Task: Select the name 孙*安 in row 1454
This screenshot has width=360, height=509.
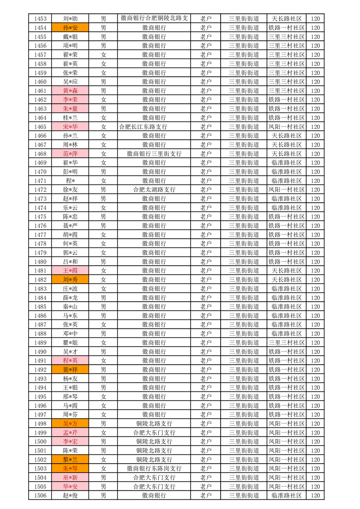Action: click(70, 28)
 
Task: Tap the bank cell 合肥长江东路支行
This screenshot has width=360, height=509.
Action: click(143, 127)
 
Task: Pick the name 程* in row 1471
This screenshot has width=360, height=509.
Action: click(70, 181)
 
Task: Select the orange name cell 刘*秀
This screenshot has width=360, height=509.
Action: click(70, 279)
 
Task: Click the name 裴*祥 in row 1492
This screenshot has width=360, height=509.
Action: click(70, 369)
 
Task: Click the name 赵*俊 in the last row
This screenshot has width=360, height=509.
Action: click(70, 495)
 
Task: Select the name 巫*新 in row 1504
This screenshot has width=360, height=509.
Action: click(70, 477)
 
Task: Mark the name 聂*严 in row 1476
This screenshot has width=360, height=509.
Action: click(70, 225)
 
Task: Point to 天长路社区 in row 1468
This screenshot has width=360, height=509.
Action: click(286, 154)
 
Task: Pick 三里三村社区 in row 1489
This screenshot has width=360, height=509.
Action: click(286, 343)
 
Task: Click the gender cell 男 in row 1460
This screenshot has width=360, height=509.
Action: click(104, 82)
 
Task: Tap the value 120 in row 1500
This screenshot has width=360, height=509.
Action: click(316, 441)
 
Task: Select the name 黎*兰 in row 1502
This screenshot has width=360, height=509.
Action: click(70, 459)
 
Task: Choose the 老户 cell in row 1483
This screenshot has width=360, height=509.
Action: click(206, 289)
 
